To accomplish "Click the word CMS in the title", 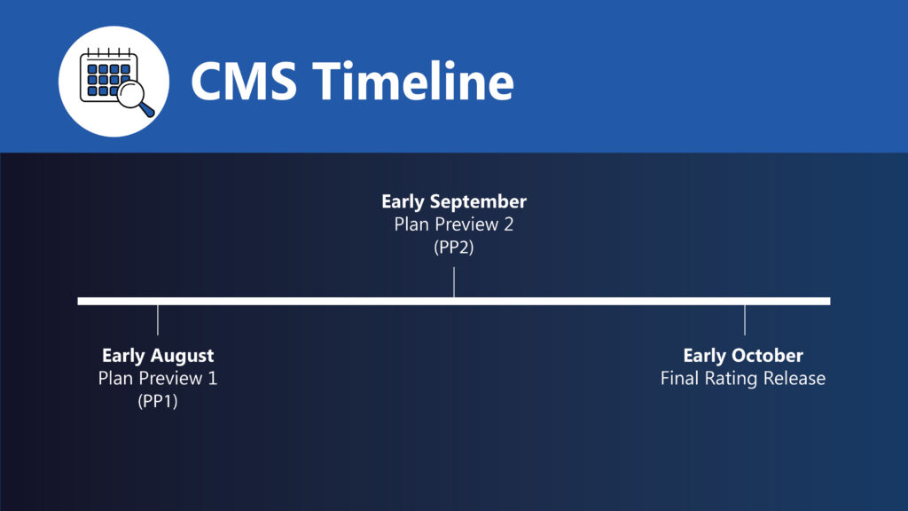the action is pyautogui.click(x=244, y=81).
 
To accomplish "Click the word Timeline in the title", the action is pyautogui.click(x=413, y=81).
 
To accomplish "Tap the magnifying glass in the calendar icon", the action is pyautogui.click(x=135, y=97).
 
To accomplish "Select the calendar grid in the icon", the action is pyautogui.click(x=108, y=79).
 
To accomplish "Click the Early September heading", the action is pyautogui.click(x=454, y=201).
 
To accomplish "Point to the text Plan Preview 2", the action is pyautogui.click(x=454, y=224).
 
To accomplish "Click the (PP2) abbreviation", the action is pyautogui.click(x=454, y=248).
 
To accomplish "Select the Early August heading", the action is pyautogui.click(x=158, y=355).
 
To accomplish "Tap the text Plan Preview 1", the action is pyautogui.click(x=158, y=378).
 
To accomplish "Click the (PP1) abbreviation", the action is pyautogui.click(x=158, y=401).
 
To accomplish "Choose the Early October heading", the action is pyautogui.click(x=743, y=355).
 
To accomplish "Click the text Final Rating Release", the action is pyautogui.click(x=743, y=378).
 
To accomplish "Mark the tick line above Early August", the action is pyautogui.click(x=158, y=319).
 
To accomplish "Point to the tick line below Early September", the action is pyautogui.click(x=454, y=282).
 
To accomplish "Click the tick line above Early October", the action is pyautogui.click(x=745, y=319).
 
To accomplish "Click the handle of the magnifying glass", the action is pyautogui.click(x=146, y=109).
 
